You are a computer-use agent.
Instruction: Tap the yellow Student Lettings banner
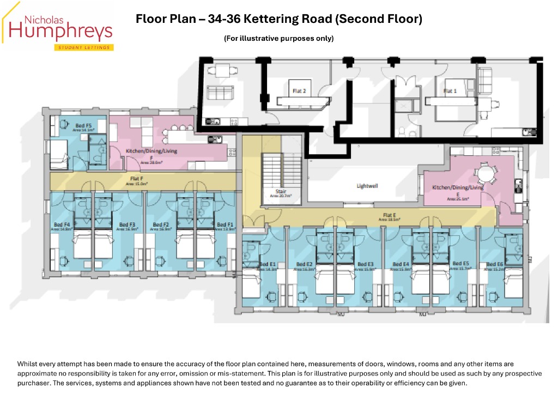[x=83, y=47]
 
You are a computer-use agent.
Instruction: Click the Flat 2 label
[x=299, y=91]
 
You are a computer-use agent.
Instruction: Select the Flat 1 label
[x=450, y=91]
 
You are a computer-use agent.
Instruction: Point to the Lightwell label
[x=367, y=186]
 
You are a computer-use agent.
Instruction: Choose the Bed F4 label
[x=62, y=224]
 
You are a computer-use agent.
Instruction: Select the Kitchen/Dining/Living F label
[x=148, y=150]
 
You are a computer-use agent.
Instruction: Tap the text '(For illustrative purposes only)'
[x=278, y=38]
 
